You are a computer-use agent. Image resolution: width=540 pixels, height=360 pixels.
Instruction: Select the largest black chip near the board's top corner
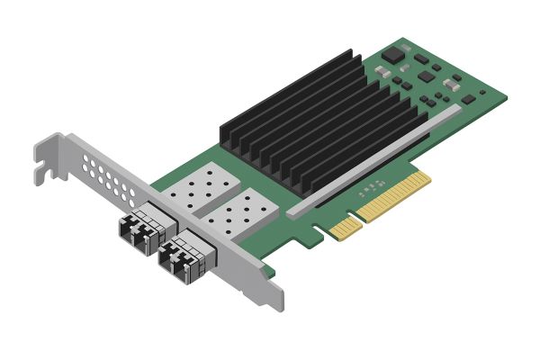(395, 54)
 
